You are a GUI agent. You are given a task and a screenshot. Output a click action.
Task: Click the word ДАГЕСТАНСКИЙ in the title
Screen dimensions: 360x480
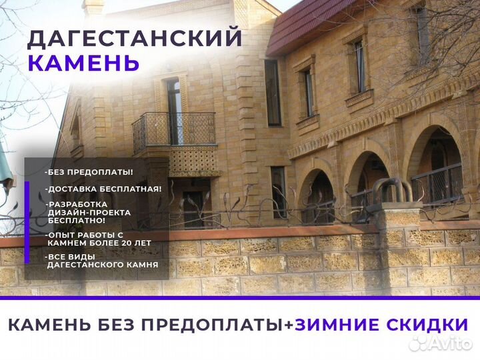pos(135,38)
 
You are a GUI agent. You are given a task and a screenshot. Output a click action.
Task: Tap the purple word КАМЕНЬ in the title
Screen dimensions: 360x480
pos(83,63)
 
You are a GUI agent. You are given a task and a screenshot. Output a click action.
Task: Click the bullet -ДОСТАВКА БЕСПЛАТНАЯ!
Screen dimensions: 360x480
pos(103,189)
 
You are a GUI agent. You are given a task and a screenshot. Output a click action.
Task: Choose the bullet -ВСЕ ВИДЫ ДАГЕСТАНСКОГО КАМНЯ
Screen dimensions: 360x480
pos(101,261)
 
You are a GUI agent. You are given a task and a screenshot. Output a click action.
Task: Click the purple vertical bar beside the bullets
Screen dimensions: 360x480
pos(27,222)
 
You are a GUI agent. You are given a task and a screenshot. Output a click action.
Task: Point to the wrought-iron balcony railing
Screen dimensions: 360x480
pos(174,130)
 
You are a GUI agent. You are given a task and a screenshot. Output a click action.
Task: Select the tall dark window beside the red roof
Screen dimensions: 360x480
pos(273,93)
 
